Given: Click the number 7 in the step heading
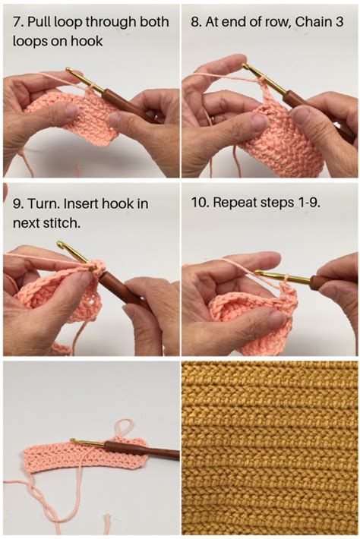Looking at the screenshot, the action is click(17, 23).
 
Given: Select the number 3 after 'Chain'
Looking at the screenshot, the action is click(338, 23).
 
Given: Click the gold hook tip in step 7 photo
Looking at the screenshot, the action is click(68, 70).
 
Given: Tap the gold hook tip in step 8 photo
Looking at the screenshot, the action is click(245, 66).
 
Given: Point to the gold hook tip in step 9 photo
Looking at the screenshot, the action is click(61, 244).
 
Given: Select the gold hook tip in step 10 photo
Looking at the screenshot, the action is click(258, 273).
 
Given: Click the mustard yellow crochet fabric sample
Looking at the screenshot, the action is click(270, 448).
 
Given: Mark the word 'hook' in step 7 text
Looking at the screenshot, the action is click(87, 42).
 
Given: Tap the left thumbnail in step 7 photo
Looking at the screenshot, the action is click(71, 111).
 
